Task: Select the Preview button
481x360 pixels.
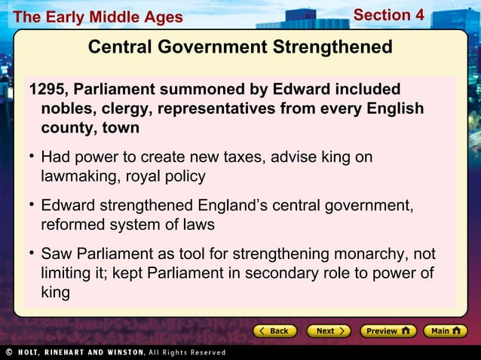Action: (388, 331)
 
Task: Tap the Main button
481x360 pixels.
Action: (445, 331)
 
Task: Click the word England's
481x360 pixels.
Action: (229, 206)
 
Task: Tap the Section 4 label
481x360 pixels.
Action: (389, 15)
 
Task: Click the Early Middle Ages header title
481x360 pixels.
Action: (98, 17)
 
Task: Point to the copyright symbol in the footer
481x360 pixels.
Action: (8, 352)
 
